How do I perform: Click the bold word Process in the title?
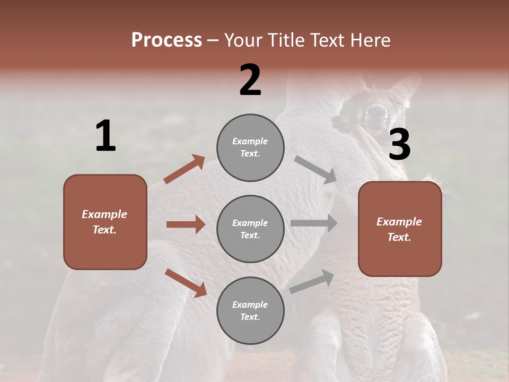point(166,40)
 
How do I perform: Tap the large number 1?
point(106,136)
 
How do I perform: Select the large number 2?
point(250,80)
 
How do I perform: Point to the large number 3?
point(399,144)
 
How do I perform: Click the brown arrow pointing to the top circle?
point(185,169)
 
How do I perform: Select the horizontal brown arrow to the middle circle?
point(186,224)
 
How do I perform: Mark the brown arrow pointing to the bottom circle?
point(186,282)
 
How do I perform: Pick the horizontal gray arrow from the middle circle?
point(314,223)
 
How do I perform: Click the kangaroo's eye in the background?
point(375,112)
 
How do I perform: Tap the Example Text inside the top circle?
point(250,147)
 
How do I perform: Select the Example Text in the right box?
point(399,229)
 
